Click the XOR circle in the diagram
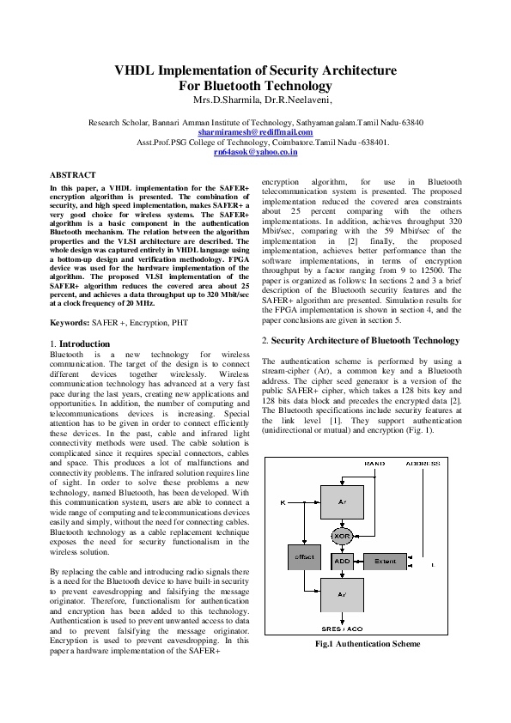[342, 536]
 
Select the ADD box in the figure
[342, 562]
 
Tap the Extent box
[385, 562]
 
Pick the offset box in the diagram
[304, 557]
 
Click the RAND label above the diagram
[374, 464]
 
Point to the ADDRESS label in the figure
[423, 464]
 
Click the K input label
[283, 502]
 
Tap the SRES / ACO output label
[342, 629]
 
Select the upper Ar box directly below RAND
[342, 502]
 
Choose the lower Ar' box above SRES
[342, 595]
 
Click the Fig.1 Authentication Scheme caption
[368, 644]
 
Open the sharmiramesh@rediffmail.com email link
[256, 132]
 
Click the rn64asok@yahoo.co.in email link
[256, 152]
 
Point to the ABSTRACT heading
[73, 175]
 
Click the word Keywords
[70, 323]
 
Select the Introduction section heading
[84, 344]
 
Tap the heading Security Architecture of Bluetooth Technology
[365, 341]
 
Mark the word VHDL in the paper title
[135, 70]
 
